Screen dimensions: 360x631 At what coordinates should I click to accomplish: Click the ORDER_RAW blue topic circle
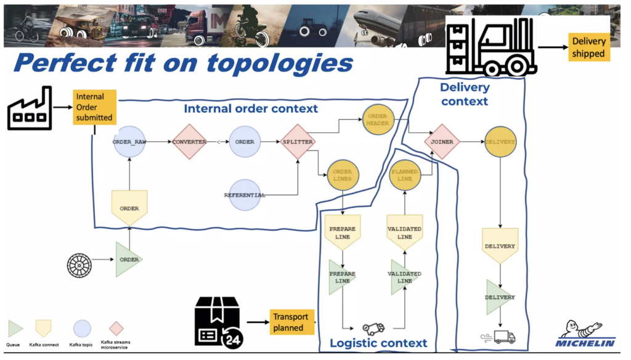129,141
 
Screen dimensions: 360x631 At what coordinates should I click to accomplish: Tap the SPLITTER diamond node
298,141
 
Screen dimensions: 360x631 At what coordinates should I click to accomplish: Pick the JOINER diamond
442,141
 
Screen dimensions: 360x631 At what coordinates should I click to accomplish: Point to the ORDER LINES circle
342,175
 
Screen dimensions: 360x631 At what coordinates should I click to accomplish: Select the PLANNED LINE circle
404,175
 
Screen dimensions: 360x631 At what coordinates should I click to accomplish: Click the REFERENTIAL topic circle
245,195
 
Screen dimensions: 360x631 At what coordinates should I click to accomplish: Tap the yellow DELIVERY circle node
500,141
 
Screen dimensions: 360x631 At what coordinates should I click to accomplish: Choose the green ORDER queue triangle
128,260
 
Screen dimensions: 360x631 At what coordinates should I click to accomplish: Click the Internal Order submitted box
94,107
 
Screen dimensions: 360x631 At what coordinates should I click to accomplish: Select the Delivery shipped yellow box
588,47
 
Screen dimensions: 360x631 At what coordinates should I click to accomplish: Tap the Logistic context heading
378,343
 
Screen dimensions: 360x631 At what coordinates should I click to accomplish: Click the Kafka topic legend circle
82,328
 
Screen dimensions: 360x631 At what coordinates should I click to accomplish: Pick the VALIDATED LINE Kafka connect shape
404,231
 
